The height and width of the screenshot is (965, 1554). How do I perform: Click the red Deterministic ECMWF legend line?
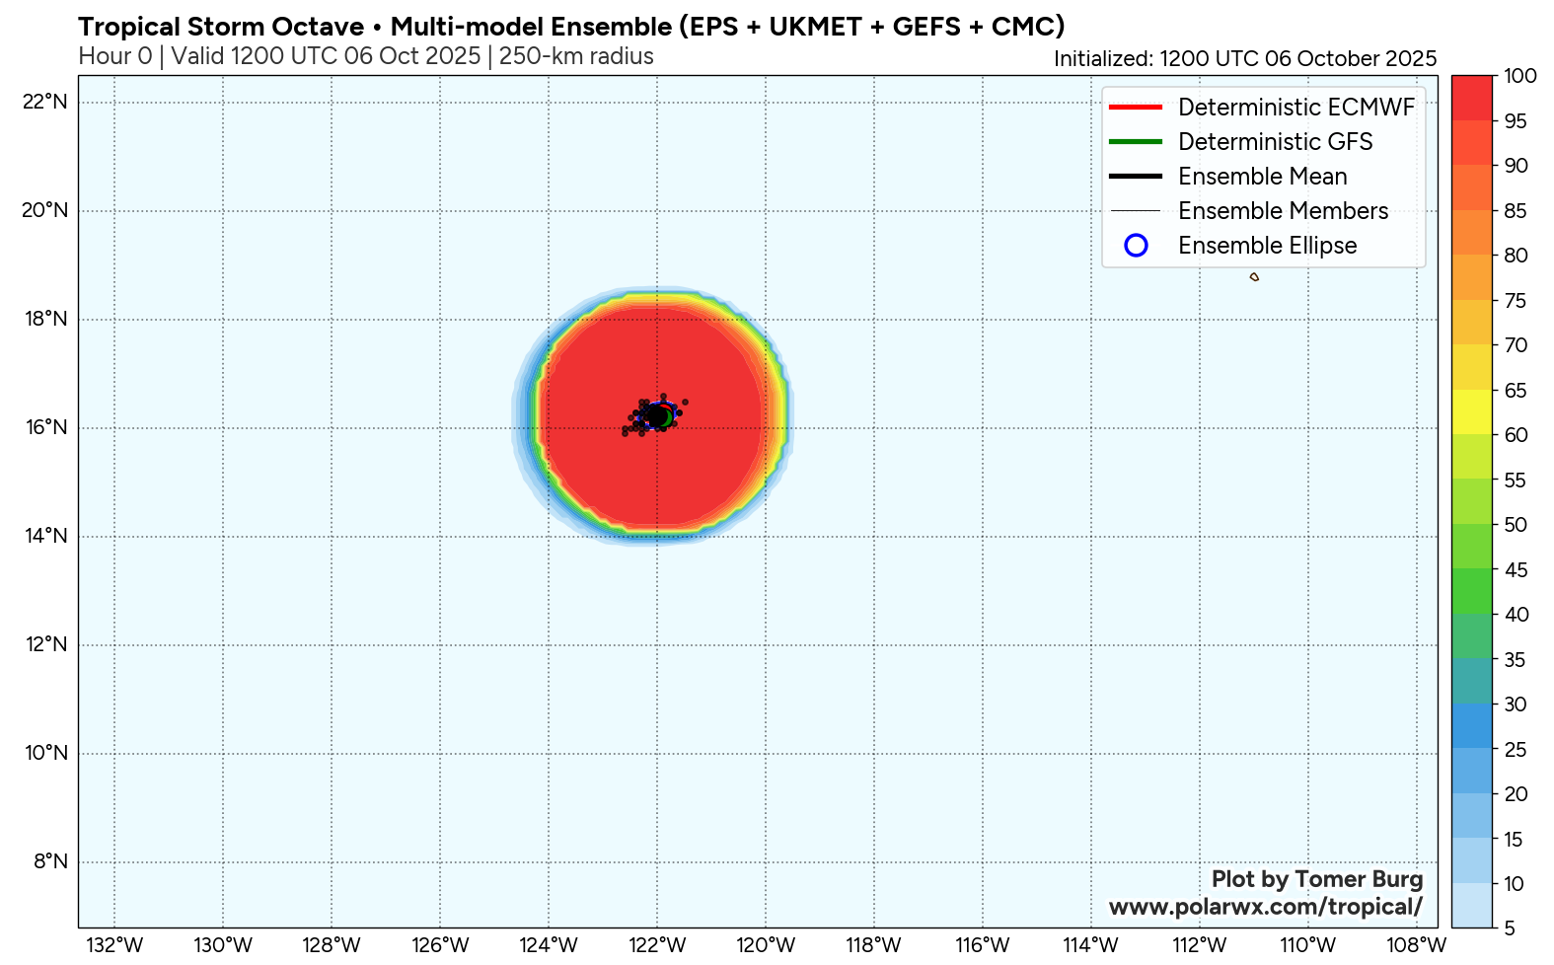pyautogui.click(x=1135, y=107)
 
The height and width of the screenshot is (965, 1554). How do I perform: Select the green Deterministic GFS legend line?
pyautogui.click(x=1135, y=141)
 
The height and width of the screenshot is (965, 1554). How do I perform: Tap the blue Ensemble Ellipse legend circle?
pyautogui.click(x=1136, y=246)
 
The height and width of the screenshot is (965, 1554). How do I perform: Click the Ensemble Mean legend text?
pyautogui.click(x=1262, y=177)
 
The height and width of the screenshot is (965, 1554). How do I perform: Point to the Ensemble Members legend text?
pyautogui.click(x=1283, y=211)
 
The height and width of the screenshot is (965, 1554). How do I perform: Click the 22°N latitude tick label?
pyautogui.click(x=45, y=102)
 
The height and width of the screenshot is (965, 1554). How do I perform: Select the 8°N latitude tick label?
pyautogui.click(x=50, y=861)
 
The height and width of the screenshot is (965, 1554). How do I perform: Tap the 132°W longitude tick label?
pyautogui.click(x=114, y=945)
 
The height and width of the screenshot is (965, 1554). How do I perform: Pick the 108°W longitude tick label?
pyautogui.click(x=1417, y=945)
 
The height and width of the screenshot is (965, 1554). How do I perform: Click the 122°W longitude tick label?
pyautogui.click(x=657, y=945)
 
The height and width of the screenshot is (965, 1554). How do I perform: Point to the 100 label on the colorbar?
pyautogui.click(x=1520, y=76)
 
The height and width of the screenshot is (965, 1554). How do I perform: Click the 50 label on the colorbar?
pyautogui.click(x=1516, y=525)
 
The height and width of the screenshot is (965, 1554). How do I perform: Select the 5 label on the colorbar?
pyautogui.click(x=1510, y=928)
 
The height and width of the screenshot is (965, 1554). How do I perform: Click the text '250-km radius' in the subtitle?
pyautogui.click(x=576, y=56)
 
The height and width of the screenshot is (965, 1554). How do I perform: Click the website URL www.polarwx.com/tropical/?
pyautogui.click(x=1266, y=906)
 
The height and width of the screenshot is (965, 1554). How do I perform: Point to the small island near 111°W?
pyautogui.click(x=1254, y=277)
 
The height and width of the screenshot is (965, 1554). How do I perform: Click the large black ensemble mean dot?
pyautogui.click(x=657, y=417)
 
